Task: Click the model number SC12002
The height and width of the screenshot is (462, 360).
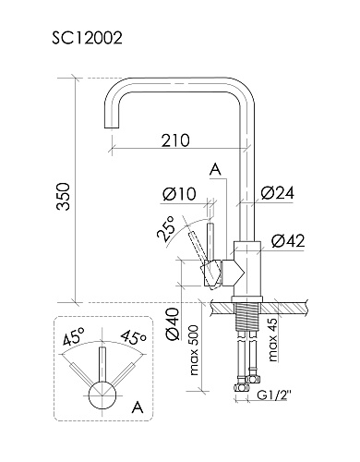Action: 87,38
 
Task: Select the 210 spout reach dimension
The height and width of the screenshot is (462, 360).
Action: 175,140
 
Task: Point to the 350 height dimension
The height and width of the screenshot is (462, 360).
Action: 65,196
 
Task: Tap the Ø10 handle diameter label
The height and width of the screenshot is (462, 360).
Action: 179,194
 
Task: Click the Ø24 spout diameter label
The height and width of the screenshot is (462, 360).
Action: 277,193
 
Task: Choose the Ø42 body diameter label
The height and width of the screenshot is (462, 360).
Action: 288,240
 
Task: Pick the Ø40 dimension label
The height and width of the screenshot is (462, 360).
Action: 173,324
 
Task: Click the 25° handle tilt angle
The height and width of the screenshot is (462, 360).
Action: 165,227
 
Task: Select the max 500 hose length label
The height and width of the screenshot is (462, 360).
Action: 195,349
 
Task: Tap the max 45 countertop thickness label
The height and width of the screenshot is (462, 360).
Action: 273,339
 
